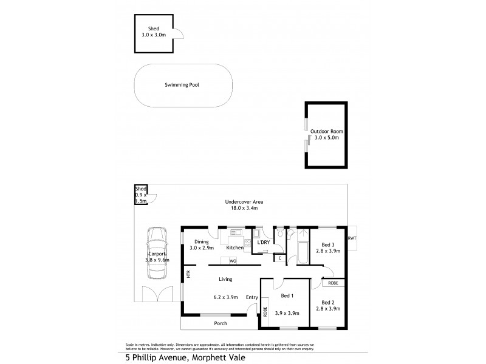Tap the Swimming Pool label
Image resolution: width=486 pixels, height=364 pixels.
point(182,86)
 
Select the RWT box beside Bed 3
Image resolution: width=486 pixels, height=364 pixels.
point(352,238)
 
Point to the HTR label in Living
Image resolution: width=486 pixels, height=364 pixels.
point(189,274)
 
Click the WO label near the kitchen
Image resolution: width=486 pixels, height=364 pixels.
point(233,261)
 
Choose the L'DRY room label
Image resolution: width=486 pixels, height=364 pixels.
point(264,242)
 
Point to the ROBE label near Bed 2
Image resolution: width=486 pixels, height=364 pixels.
point(334,283)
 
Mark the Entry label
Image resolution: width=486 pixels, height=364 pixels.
point(252,297)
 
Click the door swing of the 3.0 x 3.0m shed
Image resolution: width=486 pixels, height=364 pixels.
point(179,35)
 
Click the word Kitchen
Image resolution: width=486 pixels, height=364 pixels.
point(234,248)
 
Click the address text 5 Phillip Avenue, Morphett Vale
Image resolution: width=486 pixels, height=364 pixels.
point(188,358)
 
